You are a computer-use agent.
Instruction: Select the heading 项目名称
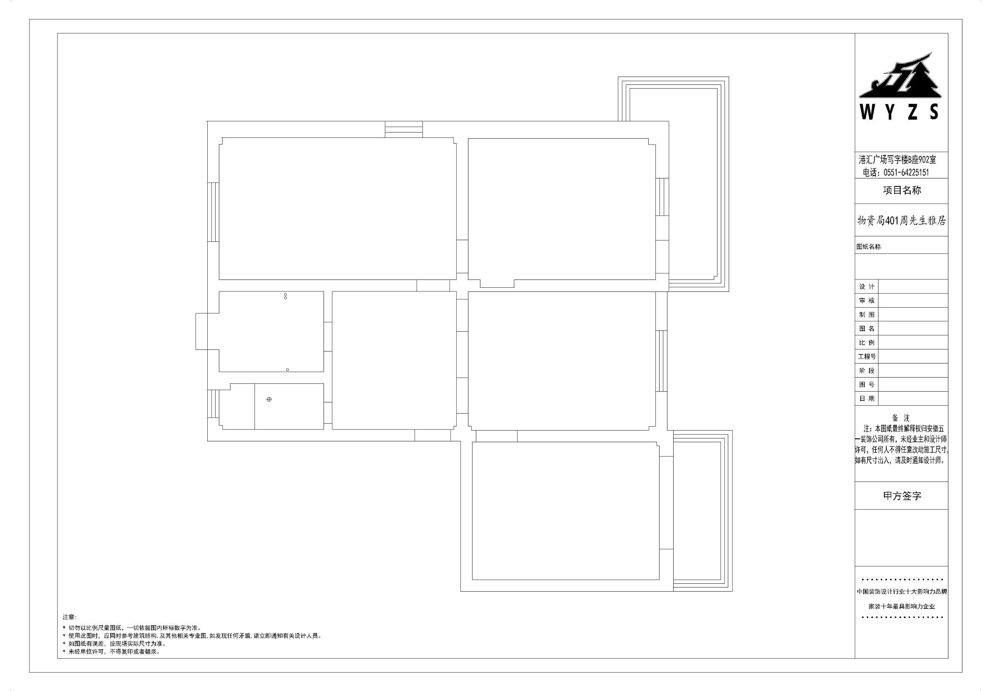(902, 190)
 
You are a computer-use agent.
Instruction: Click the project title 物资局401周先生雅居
(902, 221)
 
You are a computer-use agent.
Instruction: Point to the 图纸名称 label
(869, 247)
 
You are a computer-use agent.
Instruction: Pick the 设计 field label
(867, 287)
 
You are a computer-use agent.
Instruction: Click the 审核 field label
(867, 301)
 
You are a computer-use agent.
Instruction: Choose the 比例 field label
(867, 342)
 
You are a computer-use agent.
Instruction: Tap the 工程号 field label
(867, 357)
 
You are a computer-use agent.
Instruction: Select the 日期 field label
(867, 399)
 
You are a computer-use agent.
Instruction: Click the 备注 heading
(901, 418)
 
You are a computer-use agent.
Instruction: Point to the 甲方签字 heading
(902, 496)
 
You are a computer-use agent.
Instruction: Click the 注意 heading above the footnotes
(69, 617)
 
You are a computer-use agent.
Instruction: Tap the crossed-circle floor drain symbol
(269, 400)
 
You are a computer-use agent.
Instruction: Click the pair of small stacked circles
(286, 296)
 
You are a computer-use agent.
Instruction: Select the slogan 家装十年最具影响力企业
(902, 607)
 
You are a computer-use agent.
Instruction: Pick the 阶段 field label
(867, 371)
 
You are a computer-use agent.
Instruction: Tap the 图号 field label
(867, 385)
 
